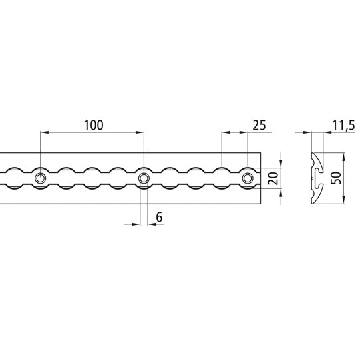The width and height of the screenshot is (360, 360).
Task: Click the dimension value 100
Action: (94, 124)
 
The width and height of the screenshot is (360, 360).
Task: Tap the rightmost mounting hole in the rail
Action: (248, 178)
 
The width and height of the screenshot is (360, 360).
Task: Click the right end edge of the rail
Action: (260, 178)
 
